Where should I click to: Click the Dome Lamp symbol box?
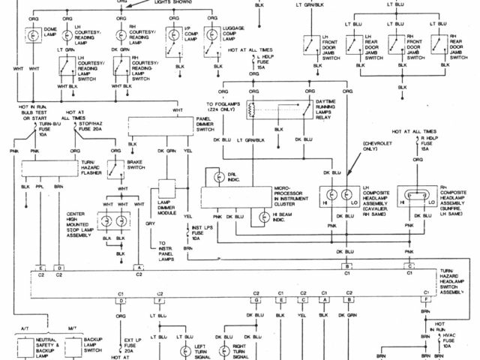(x=34, y=34)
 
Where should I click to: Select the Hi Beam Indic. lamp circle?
(x=263, y=216)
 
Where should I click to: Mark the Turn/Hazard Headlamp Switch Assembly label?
(x=458, y=285)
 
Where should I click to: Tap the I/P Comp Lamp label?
(x=197, y=34)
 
